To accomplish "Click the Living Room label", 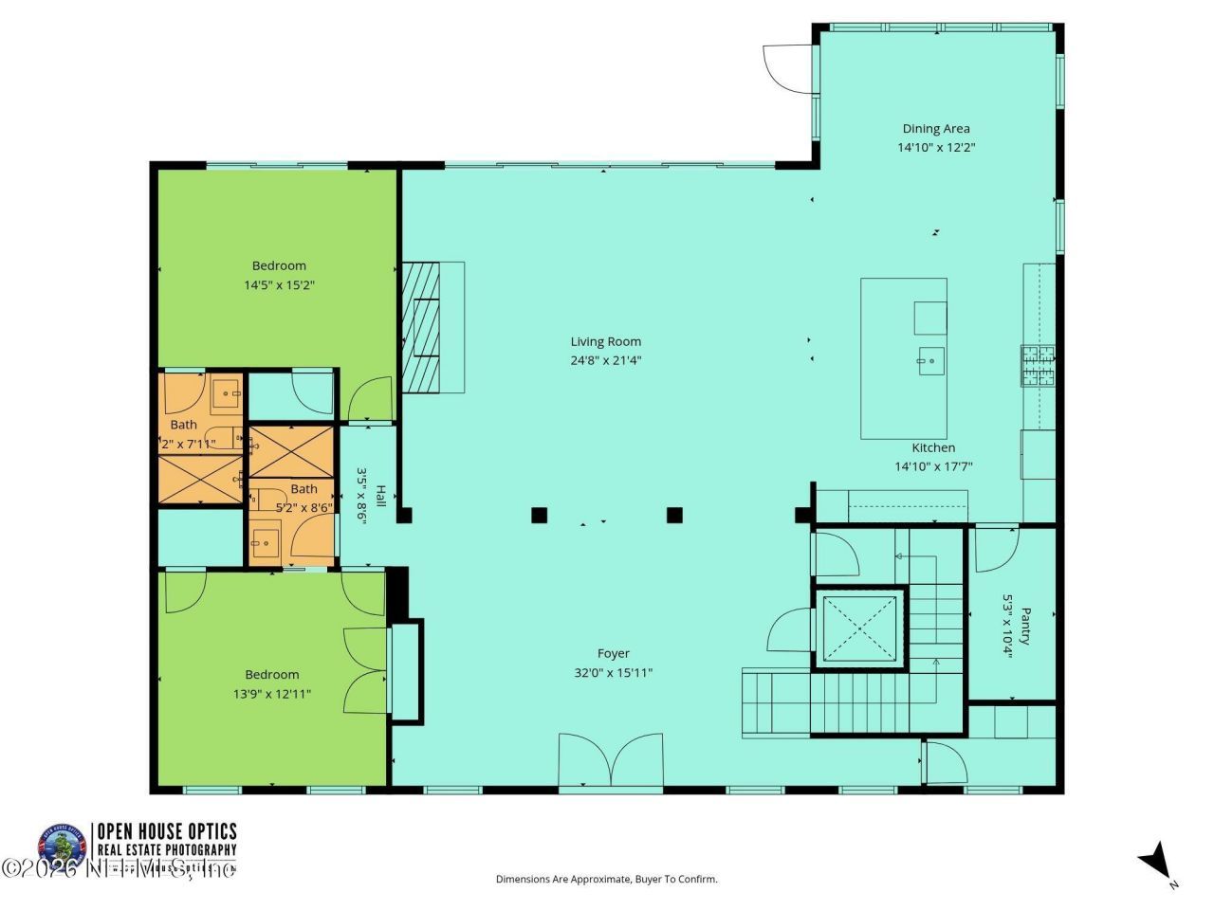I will (605, 341).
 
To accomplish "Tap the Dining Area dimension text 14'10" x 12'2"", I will (936, 147).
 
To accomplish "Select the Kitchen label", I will (933, 447).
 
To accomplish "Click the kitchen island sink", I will (929, 360).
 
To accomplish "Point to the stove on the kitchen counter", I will (1038, 366).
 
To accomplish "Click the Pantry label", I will (1024, 626).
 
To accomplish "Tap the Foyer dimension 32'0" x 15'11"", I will (613, 673).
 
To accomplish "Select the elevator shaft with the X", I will (859, 628).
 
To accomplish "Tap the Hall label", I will (380, 496).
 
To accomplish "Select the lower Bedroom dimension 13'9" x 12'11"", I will (272, 694).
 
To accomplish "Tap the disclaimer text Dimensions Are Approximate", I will (606, 880).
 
